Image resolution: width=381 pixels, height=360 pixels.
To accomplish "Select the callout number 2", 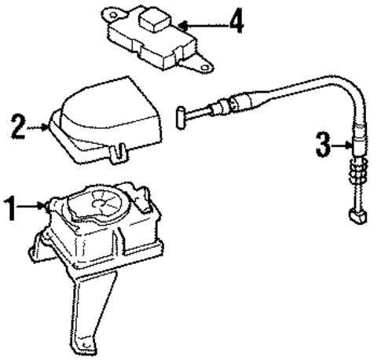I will click(x=17, y=124).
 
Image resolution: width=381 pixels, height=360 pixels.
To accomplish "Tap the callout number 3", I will click(x=321, y=145).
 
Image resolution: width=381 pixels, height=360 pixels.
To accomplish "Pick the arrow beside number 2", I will click(x=40, y=124).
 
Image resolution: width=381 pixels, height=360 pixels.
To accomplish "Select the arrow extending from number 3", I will click(x=341, y=145).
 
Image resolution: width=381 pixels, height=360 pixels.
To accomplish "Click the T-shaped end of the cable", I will click(x=179, y=116).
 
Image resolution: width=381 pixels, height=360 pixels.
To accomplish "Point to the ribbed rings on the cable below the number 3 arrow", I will click(x=360, y=170).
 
